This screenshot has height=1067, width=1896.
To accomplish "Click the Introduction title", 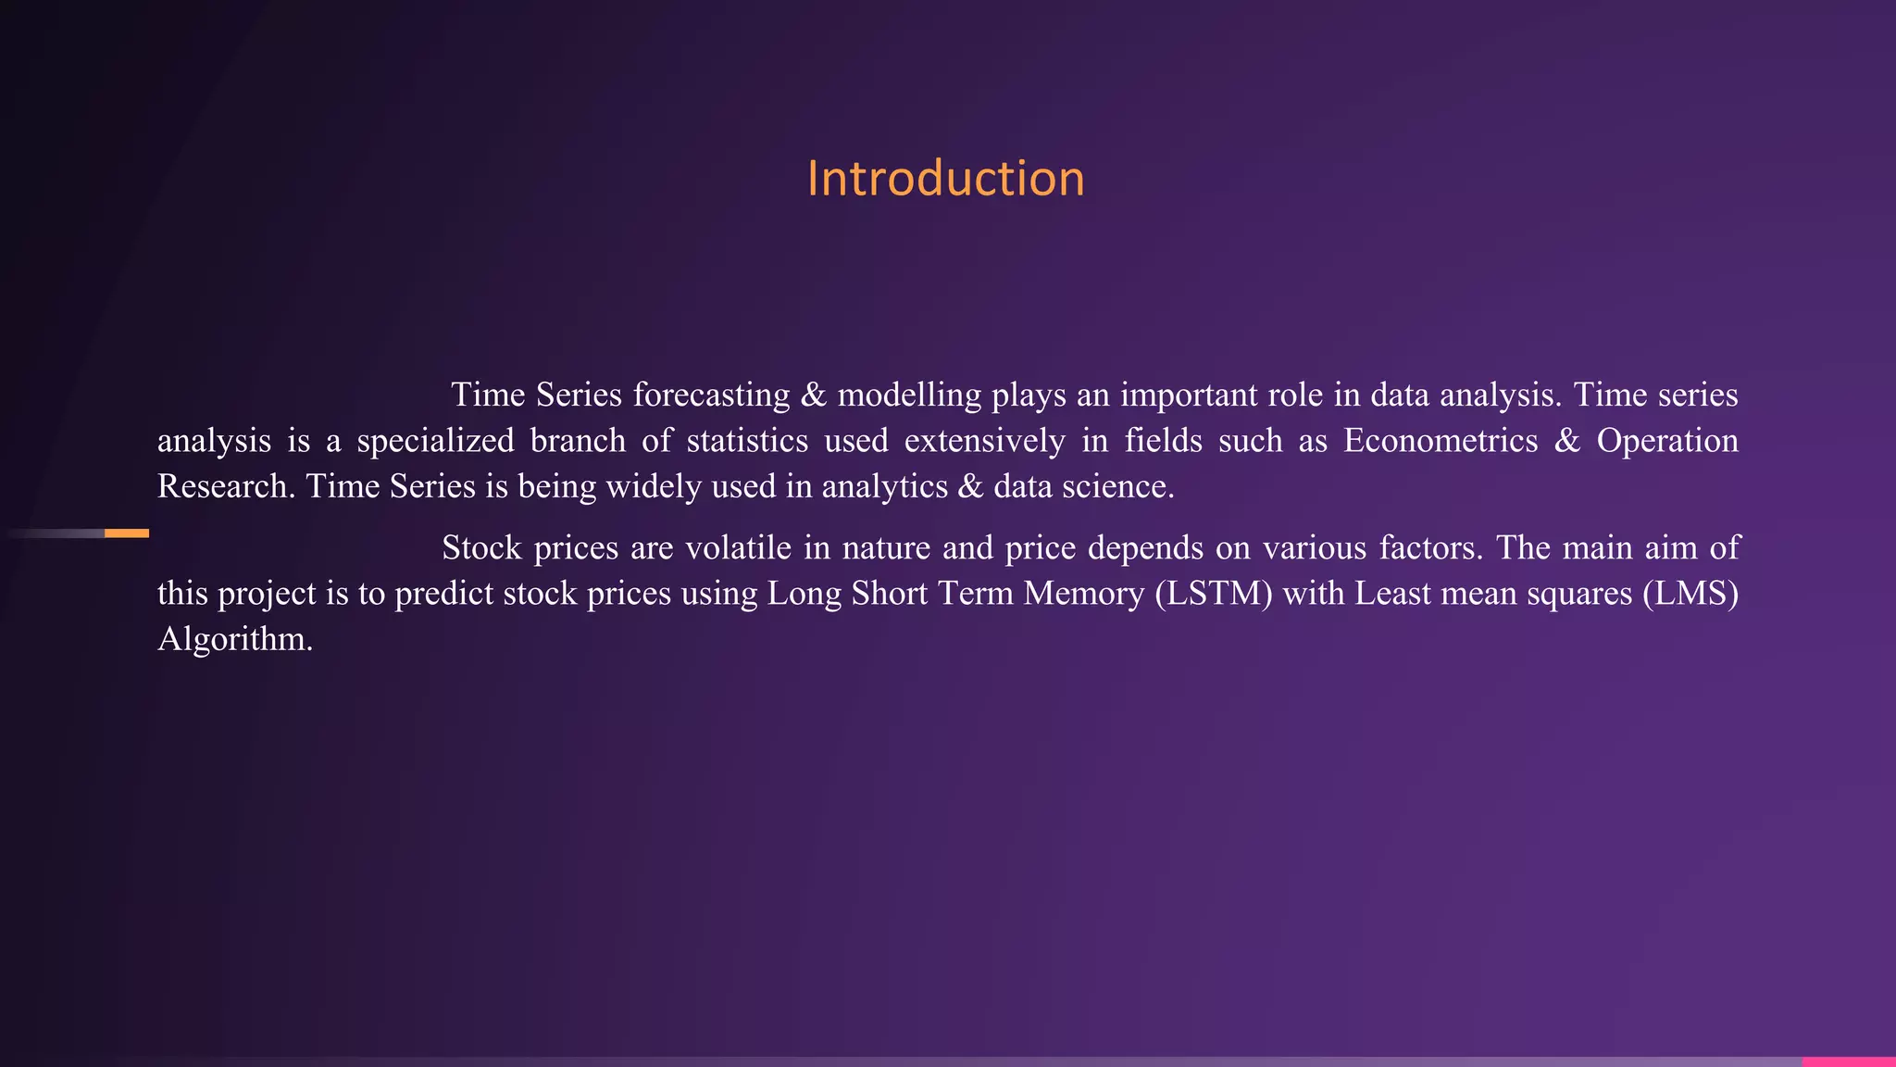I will pyautogui.click(x=945, y=178).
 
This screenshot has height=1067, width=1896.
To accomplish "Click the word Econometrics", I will pyautogui.click(x=1440, y=441).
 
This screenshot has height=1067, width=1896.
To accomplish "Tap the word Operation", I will pyautogui.click(x=1667, y=441).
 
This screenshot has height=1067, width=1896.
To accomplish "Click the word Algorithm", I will pyautogui.click(x=234, y=640).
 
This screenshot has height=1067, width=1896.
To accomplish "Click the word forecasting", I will pyautogui.click(x=711, y=395).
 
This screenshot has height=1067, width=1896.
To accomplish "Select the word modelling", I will pyautogui.click(x=909, y=395).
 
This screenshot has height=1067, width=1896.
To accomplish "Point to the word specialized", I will pyautogui.click(x=435, y=441).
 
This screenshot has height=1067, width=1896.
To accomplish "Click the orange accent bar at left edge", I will pyautogui.click(x=127, y=533).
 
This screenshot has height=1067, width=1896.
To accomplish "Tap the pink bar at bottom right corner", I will pyautogui.click(x=1849, y=1061).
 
